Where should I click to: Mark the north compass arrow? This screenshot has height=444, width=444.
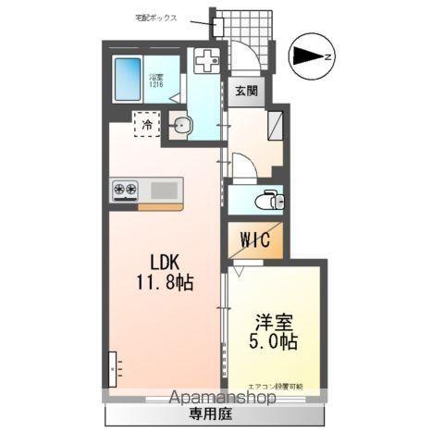point(307,57)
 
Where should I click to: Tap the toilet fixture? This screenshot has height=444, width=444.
point(269,199)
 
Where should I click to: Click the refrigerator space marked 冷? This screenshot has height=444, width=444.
point(146,123)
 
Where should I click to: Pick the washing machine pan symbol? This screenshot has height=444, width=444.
point(204,63)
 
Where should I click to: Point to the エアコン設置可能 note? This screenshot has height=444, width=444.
point(276,386)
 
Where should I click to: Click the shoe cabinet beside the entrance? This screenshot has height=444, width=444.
point(277,123)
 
